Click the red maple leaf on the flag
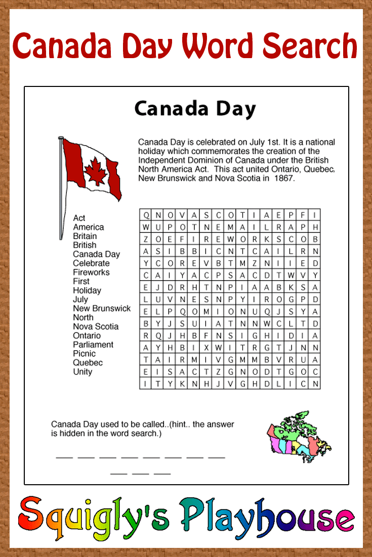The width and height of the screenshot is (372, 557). coord(95,171)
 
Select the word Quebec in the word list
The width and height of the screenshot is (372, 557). coord(88,362)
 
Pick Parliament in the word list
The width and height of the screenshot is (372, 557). coord(93,345)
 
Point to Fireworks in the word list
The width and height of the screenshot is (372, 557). coord(91,272)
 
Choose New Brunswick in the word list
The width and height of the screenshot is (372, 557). coord(102,308)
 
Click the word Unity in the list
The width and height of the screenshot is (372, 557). coord(82,372)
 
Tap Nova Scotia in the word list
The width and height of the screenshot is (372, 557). coord(96,327)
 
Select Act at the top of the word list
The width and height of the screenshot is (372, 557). coord(79,218)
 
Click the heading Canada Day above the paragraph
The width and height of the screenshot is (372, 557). coord(195,109)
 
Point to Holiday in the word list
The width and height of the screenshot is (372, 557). coord(87,290)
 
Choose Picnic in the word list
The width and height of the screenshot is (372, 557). coord(84,354)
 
